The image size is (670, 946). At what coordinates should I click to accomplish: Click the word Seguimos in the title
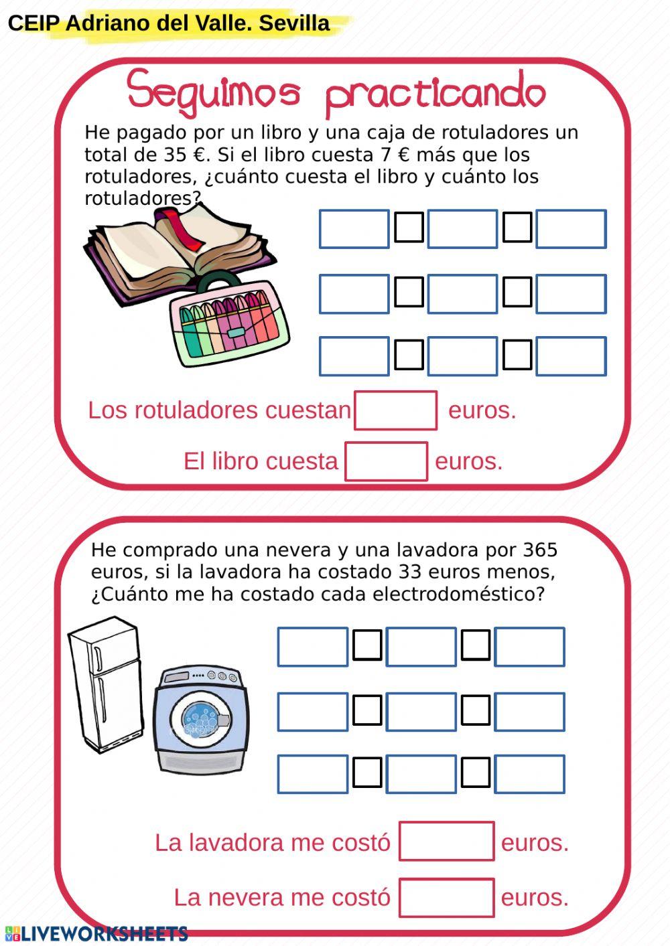point(214,91)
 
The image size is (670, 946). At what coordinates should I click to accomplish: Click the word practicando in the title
point(435,94)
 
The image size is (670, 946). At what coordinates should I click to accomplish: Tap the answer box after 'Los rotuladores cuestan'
point(395,410)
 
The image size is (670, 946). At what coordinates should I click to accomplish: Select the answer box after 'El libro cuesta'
point(386,461)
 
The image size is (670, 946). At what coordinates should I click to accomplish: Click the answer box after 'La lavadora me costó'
point(446,842)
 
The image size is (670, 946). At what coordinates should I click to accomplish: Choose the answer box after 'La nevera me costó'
point(446,897)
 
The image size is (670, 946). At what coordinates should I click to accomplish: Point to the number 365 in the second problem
point(540,550)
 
